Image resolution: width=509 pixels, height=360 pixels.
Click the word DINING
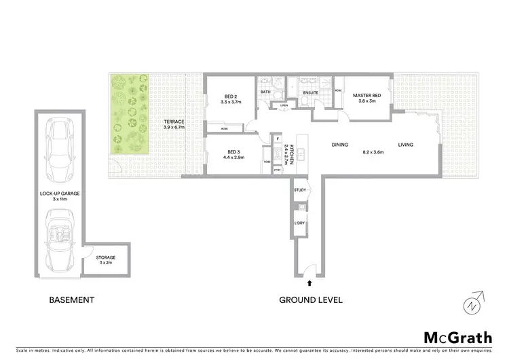[x=340, y=145]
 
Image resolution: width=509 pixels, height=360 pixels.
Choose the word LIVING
[x=406, y=145]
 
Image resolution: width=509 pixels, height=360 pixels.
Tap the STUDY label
[x=301, y=192]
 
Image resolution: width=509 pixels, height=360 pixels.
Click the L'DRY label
[x=299, y=222]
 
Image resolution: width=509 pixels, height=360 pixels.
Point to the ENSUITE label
[x=311, y=92]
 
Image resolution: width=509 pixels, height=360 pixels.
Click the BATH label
[x=266, y=92]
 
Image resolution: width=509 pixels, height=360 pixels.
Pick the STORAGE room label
[x=106, y=257]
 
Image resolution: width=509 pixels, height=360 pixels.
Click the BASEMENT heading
[x=71, y=300]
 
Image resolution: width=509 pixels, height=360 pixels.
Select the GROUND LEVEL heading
[x=311, y=300]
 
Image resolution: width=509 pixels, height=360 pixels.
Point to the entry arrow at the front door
[x=310, y=281]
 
